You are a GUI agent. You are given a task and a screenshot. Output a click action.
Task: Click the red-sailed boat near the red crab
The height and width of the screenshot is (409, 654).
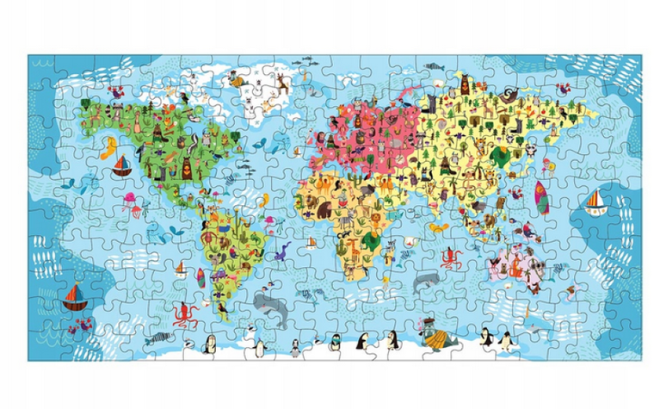click(x=72, y=298)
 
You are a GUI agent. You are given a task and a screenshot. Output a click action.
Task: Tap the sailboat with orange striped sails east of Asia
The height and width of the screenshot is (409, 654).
click(x=595, y=203)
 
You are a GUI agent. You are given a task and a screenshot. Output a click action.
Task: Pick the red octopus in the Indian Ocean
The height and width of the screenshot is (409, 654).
click(x=449, y=257)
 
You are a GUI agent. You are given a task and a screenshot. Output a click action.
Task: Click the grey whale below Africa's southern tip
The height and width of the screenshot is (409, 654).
click(x=426, y=280)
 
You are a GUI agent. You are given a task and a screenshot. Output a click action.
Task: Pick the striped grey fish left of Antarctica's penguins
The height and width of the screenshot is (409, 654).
click(x=157, y=338)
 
